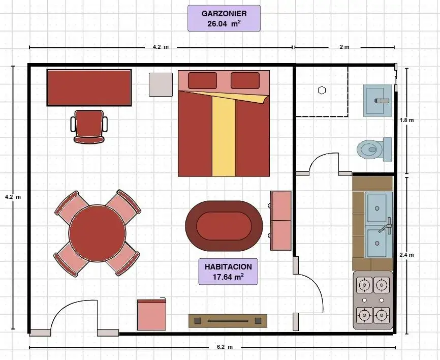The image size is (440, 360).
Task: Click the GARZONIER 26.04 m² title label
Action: pyautogui.click(x=224, y=18)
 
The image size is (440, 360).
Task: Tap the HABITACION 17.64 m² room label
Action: pyautogui.click(x=228, y=272)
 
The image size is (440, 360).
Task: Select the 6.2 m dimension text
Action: pyautogui.click(x=225, y=347)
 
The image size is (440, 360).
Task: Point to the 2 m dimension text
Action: pyautogui.click(x=344, y=47)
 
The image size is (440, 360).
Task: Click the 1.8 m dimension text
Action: pyautogui.click(x=406, y=120)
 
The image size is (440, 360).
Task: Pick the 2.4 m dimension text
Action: pyautogui.click(x=406, y=255)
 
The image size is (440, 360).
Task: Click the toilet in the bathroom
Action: pyautogui.click(x=374, y=149)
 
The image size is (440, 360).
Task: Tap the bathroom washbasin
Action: pyautogui.click(x=378, y=101)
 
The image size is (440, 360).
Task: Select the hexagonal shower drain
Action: pyautogui.click(x=322, y=91)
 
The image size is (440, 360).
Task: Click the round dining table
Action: pyautogui.click(x=98, y=233)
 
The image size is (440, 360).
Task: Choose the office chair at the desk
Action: pyautogui.click(x=89, y=127)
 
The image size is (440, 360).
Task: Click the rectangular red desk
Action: pyautogui.click(x=89, y=88)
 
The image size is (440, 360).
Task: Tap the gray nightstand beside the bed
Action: pyautogui.click(x=161, y=84)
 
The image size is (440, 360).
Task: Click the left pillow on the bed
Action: pyautogui.click(x=202, y=80)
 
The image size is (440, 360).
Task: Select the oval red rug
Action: pyautogui.click(x=224, y=226)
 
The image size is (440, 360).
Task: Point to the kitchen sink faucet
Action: pyautogui.click(x=386, y=225)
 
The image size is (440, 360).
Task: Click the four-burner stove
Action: pyautogui.click(x=373, y=300)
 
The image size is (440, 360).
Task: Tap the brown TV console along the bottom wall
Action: pyautogui.click(x=228, y=321)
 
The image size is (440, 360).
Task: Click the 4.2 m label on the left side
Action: pyautogui.click(x=13, y=197)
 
